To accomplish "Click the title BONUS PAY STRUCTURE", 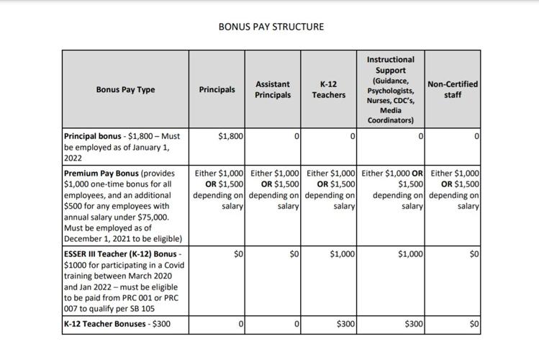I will [x=271, y=27].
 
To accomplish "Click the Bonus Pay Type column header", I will [x=125, y=90].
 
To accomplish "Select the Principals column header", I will [x=217, y=90].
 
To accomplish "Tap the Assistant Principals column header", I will [x=273, y=90].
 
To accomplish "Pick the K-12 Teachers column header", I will [x=328, y=90].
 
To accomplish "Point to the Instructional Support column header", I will [x=391, y=90].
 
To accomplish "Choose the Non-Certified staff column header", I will [x=453, y=90].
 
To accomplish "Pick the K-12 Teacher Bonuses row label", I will [x=117, y=324].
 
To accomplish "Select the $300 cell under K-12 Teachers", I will [x=346, y=325].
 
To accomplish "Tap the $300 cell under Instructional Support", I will [x=413, y=325].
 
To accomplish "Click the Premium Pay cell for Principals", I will [x=219, y=190].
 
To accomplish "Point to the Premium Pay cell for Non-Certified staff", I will [x=455, y=190].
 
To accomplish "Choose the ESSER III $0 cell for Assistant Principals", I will [x=294, y=254].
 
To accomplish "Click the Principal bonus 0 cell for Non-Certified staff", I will [x=476, y=136].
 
